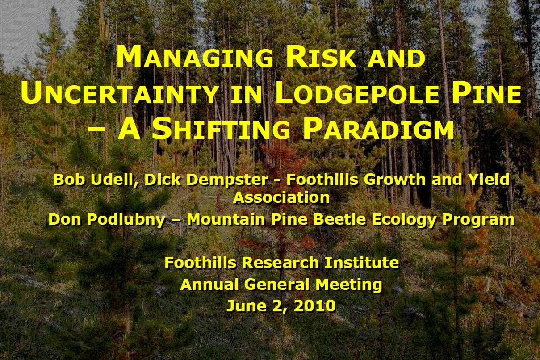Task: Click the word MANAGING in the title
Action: pyautogui.click(x=195, y=58)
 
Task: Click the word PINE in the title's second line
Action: pyautogui.click(x=485, y=93)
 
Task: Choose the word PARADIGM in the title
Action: pyautogui.click(x=378, y=129)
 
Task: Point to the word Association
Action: pyautogui.click(x=281, y=197)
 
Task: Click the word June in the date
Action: pyautogui.click(x=247, y=306)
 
